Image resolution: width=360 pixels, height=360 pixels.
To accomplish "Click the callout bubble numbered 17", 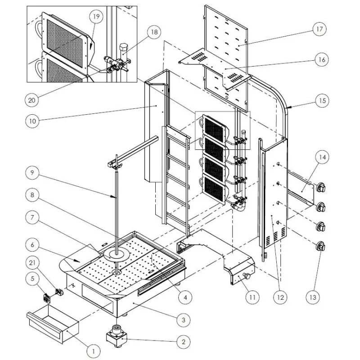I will coord(320,30).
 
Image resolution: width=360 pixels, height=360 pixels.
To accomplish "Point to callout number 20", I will coord(31,100).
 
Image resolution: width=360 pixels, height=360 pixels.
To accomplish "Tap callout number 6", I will coord(31,245).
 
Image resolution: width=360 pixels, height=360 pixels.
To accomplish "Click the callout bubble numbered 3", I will coord(183,320).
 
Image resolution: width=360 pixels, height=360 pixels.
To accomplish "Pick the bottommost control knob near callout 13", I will coord(321,247).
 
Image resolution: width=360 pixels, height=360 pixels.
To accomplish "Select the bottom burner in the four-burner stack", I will coord(214,187).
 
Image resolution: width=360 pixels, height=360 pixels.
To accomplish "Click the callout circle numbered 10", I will coord(31,121).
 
